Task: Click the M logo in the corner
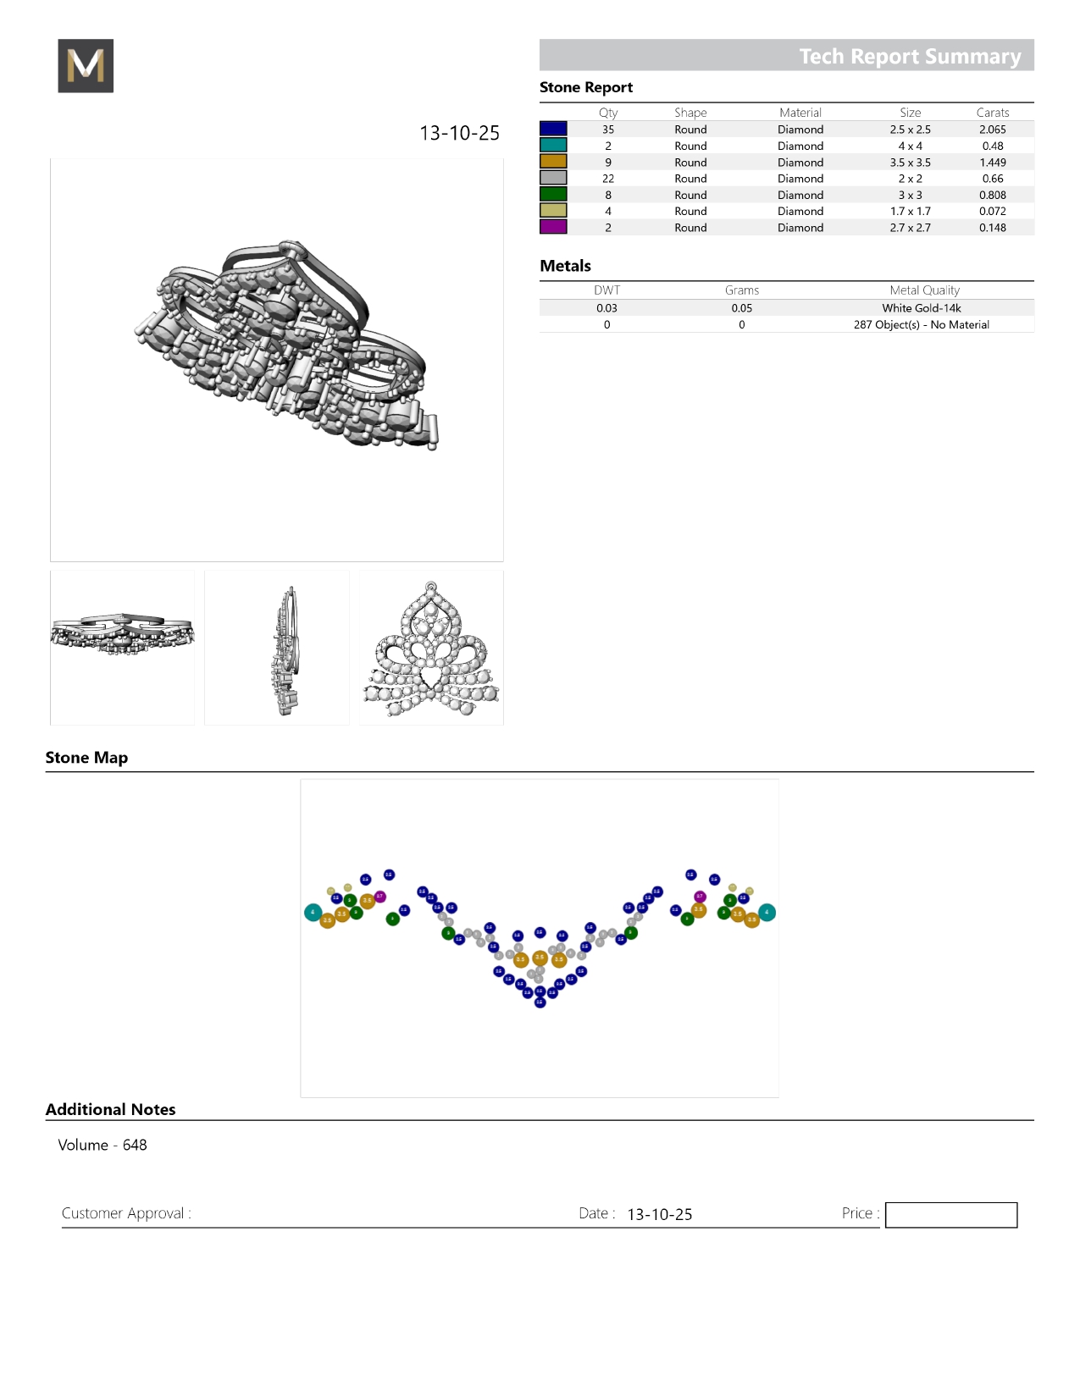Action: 86,66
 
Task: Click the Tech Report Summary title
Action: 910,56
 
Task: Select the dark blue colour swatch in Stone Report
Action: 553,129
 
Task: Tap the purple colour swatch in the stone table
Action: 553,227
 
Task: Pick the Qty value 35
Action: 608,130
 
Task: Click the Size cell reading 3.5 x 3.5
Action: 910,163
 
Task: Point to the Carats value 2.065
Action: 992,130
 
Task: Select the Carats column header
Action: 992,113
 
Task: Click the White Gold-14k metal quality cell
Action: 921,308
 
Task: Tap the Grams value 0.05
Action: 741,308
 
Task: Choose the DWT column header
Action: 606,290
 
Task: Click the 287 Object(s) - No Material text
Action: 921,325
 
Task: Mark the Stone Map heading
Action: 86,758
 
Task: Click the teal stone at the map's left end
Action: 313,913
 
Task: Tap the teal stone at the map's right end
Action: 767,913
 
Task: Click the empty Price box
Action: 950,1215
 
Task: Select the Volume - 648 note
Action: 102,1146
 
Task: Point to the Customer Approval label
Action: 126,1213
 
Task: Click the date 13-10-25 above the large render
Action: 459,134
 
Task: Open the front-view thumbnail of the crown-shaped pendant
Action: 431,648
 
